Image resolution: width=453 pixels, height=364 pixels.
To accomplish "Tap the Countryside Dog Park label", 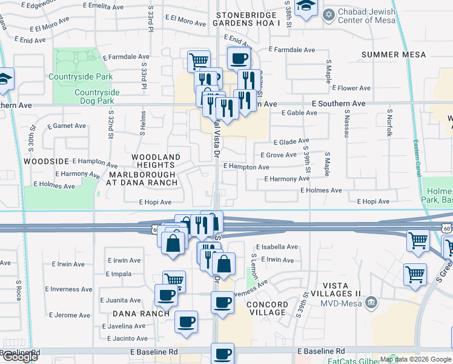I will pyautogui.click(x=97, y=96).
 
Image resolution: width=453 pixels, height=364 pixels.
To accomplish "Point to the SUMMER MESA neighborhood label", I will pyautogui.click(x=394, y=55).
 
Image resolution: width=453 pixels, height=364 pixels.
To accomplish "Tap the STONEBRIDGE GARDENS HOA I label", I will pyautogui.click(x=249, y=18).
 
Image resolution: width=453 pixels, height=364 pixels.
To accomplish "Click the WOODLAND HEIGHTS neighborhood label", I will pyautogui.click(x=156, y=161).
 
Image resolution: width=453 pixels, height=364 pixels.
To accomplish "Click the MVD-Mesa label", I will pyautogui.click(x=340, y=302).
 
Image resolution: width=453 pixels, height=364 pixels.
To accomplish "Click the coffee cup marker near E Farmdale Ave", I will pyautogui.click(x=239, y=59).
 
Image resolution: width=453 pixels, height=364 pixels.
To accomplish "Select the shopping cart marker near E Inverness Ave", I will pyautogui.click(x=174, y=280).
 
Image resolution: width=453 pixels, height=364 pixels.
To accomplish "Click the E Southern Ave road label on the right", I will pyautogui.click(x=339, y=104).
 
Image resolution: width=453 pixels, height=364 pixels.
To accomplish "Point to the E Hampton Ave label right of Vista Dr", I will pyautogui.click(x=246, y=167).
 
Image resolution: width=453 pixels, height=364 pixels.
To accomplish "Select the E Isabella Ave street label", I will pyautogui.click(x=277, y=247).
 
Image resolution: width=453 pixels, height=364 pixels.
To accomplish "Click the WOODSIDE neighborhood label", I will pyautogui.click(x=46, y=161).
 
